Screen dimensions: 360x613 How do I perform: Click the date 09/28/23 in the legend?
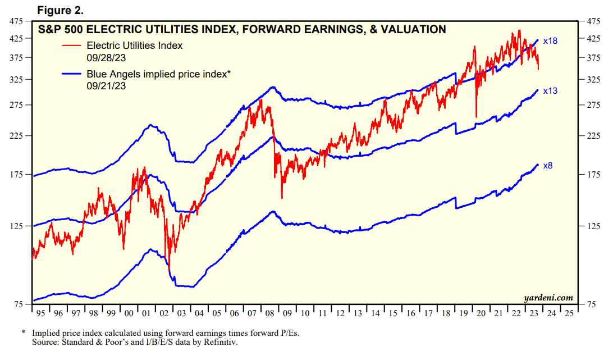click(x=106, y=57)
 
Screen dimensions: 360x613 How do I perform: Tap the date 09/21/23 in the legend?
click(x=106, y=85)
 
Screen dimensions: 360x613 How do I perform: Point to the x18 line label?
click(x=550, y=41)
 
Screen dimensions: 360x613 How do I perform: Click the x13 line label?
click(x=550, y=90)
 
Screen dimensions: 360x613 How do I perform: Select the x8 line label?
click(x=547, y=166)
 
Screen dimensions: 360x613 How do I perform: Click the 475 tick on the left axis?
click(x=16, y=21)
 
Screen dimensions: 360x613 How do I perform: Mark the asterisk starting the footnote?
click(x=24, y=332)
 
